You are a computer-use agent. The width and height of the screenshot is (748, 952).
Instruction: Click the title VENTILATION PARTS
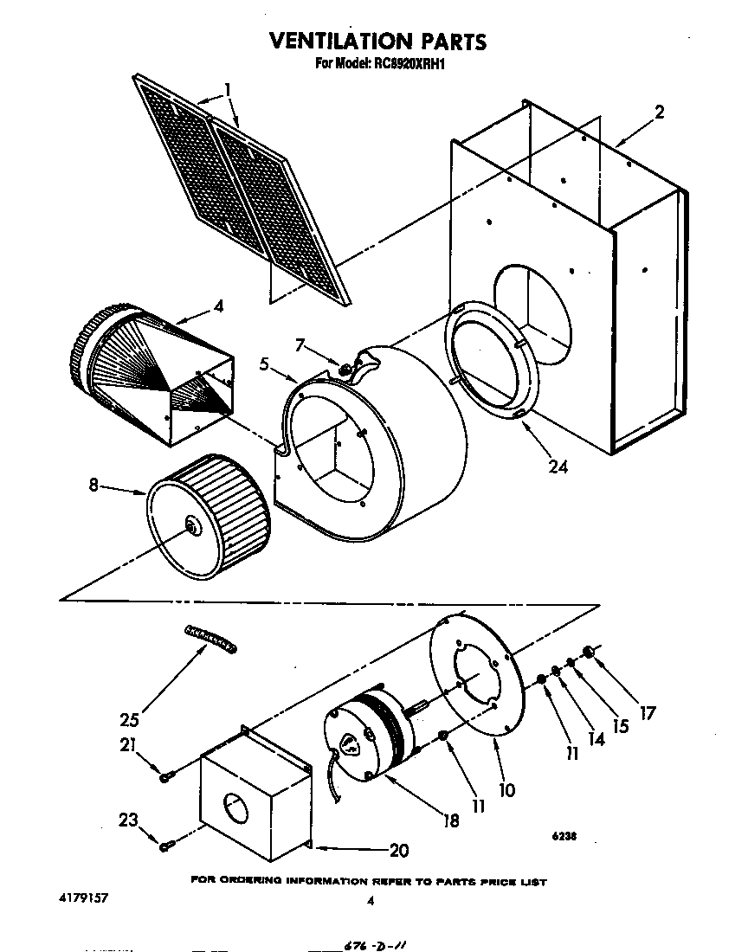377,41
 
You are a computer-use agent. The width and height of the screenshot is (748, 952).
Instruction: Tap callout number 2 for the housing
659,112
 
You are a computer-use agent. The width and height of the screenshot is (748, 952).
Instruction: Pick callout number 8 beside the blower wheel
93,486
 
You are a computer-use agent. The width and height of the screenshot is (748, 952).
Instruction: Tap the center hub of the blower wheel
190,524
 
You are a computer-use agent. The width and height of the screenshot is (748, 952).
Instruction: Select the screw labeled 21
164,777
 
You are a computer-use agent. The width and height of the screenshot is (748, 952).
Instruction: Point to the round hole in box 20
234,811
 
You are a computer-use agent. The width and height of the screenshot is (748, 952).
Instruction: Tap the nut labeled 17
590,651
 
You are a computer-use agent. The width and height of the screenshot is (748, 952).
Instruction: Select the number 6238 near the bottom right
564,837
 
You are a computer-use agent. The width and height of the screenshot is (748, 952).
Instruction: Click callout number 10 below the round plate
506,789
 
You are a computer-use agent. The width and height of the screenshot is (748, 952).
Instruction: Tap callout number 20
398,850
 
